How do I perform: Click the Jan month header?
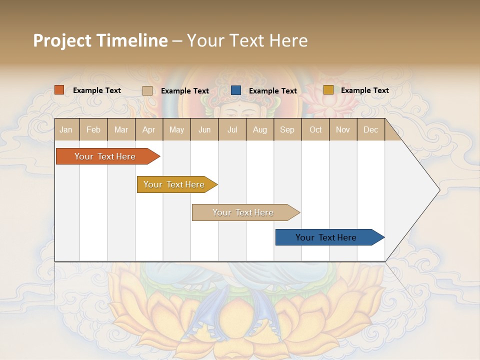(x=66, y=129)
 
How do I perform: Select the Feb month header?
(x=93, y=129)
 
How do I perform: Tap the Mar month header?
(x=121, y=129)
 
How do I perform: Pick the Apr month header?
(x=148, y=129)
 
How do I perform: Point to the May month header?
(x=176, y=129)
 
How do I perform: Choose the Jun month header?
(x=204, y=129)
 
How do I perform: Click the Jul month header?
(x=232, y=129)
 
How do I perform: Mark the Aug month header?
(x=259, y=129)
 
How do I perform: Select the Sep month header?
(x=287, y=129)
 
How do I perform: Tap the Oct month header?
(x=315, y=129)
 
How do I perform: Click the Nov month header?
(x=343, y=129)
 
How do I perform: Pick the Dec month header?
(x=370, y=129)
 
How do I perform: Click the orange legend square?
(x=59, y=90)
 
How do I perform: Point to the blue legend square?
(x=236, y=90)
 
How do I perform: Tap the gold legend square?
(x=328, y=90)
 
